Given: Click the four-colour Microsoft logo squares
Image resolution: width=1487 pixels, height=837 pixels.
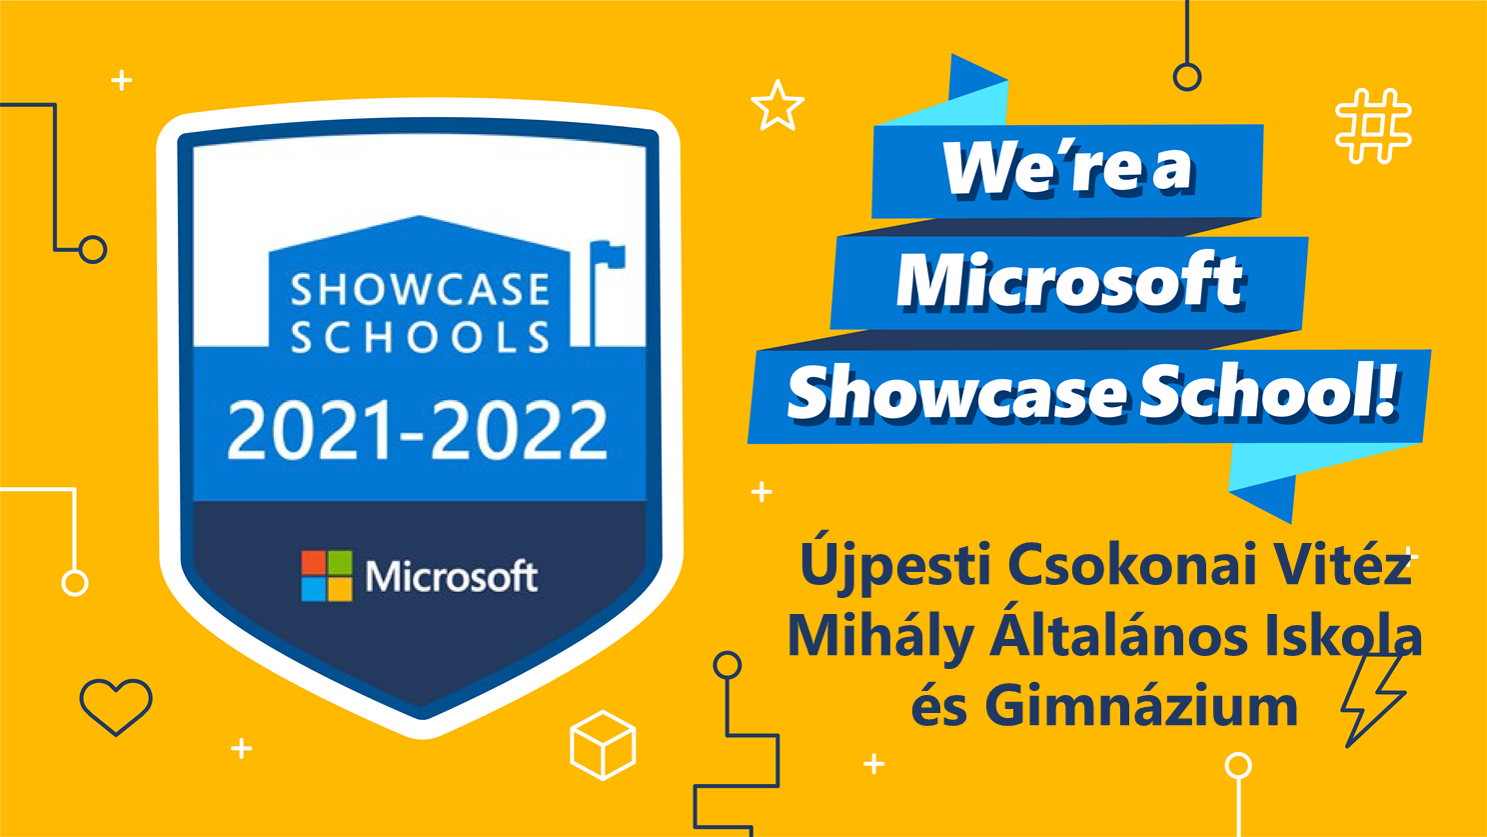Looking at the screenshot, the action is [x=327, y=576].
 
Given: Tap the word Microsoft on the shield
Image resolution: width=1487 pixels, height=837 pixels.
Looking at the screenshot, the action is [x=452, y=577].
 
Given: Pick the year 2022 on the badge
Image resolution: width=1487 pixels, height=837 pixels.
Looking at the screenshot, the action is [x=520, y=430].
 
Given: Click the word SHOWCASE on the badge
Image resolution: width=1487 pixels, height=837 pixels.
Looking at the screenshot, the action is [x=420, y=290].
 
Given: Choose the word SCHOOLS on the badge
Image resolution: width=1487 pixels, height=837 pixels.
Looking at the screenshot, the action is [x=420, y=337].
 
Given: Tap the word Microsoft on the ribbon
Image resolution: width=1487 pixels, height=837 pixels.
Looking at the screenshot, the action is [x=1069, y=282].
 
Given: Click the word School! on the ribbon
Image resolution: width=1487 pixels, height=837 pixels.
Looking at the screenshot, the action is [x=1269, y=393].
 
